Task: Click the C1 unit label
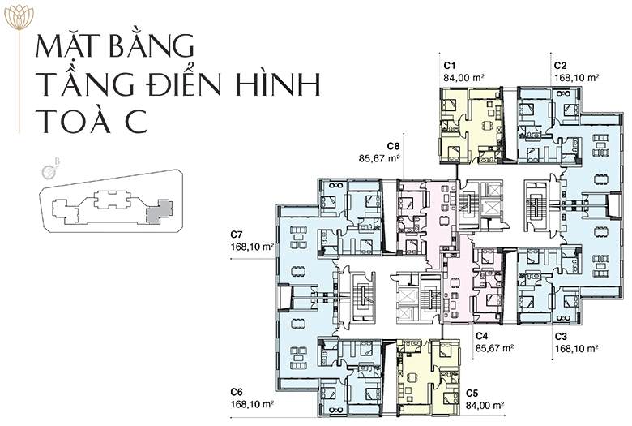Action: click(450, 66)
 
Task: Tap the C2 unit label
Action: click(560, 66)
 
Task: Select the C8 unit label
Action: click(393, 146)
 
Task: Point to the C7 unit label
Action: click(237, 235)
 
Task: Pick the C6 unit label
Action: click(237, 392)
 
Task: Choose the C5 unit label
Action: click(472, 393)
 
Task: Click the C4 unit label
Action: click(482, 336)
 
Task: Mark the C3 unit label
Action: click(561, 336)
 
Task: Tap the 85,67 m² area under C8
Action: click(379, 158)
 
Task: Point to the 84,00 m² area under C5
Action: click(485, 405)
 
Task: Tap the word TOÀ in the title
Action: click(75, 119)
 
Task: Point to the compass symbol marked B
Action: click(49, 170)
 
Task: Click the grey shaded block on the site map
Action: click(159, 211)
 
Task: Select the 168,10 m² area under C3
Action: click(576, 348)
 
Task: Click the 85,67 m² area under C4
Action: click(495, 348)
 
